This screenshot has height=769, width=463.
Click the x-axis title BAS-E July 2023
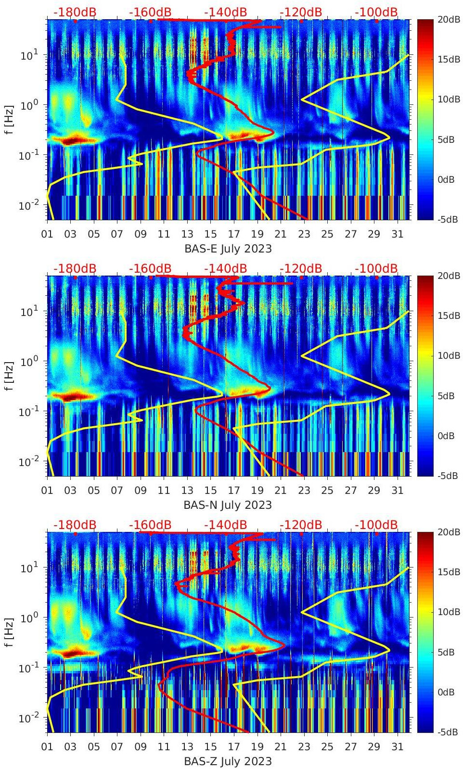[228, 249]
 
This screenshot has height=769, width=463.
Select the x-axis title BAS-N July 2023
[228, 505]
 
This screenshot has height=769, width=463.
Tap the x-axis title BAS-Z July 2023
[228, 761]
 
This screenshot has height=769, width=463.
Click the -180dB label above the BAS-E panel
[75, 12]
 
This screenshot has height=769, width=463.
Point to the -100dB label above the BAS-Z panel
[376, 525]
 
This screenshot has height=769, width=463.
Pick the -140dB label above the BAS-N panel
[226, 268]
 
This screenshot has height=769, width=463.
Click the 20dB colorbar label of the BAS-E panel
[446, 19]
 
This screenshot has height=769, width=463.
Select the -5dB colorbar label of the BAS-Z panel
[446, 732]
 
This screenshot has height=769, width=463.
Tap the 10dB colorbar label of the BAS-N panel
[446, 355]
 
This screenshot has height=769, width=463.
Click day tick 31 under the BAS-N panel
[397, 491]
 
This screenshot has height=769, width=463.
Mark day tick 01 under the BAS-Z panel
[47, 747]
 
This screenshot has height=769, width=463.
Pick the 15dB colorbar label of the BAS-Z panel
[446, 572]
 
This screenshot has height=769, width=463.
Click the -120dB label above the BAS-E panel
[301, 12]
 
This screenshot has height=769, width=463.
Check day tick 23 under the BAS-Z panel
[304, 747]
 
